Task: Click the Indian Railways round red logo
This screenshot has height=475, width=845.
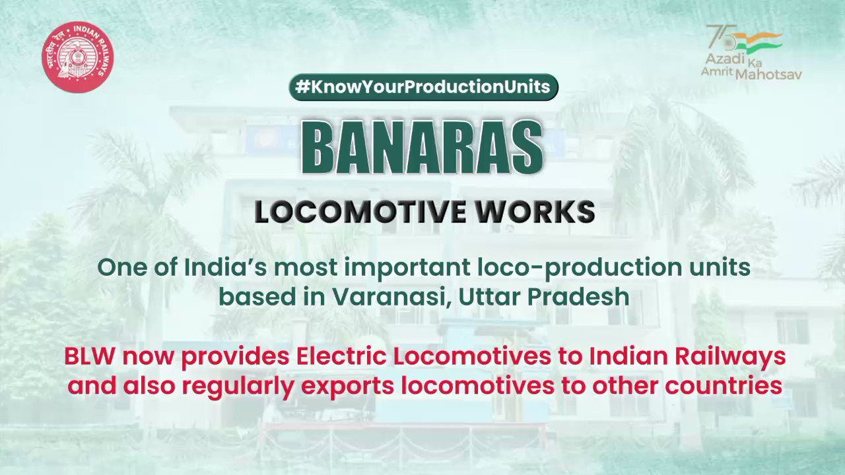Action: click(x=78, y=57)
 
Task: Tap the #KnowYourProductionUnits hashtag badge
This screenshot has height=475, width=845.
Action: click(x=423, y=88)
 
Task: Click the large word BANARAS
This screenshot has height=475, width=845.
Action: click(x=422, y=148)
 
